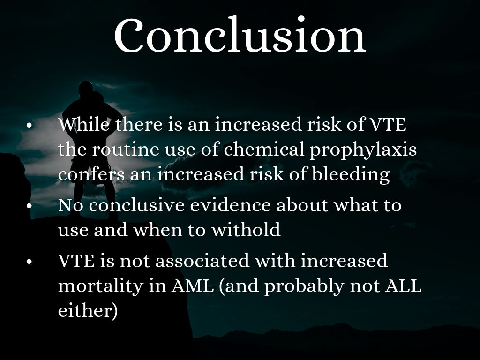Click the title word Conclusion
pos(240,35)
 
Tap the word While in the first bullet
pos(84,124)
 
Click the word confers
pos(91,174)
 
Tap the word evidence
pos(230,205)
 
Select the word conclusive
pos(136,205)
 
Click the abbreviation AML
pos(193,286)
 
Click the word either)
pos(88,311)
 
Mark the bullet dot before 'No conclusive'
pos(30,206)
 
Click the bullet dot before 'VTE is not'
pos(30,262)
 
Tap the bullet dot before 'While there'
pos(30,126)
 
